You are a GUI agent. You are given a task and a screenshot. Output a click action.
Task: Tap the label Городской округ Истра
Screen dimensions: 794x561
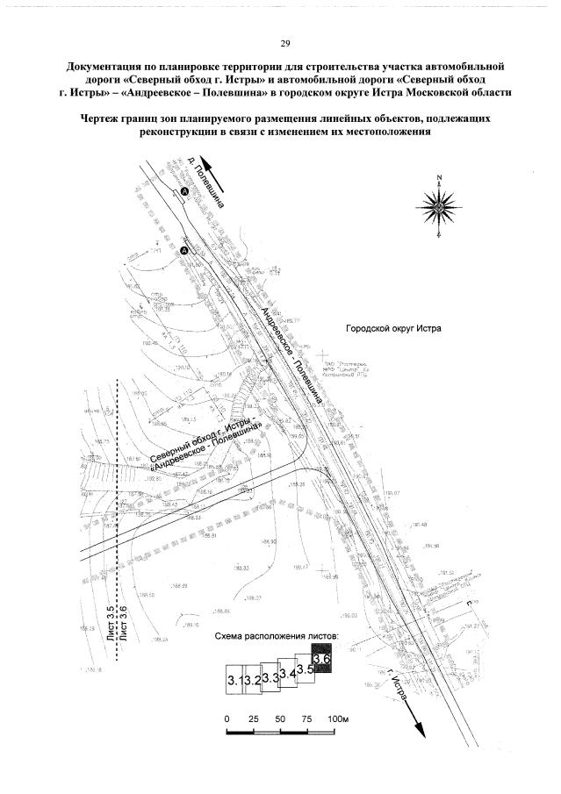(x=395, y=328)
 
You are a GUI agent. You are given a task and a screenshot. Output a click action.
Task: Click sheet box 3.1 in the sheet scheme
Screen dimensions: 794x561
(x=234, y=680)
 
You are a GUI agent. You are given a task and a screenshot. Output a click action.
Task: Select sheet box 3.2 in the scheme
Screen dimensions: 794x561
(x=253, y=680)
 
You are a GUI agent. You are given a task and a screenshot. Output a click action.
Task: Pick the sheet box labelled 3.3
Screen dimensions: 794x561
(x=270, y=677)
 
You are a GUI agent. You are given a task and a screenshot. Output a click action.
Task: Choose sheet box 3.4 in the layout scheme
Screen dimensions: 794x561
(x=287, y=674)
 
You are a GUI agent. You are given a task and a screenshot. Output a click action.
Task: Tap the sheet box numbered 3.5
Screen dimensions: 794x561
(x=305, y=668)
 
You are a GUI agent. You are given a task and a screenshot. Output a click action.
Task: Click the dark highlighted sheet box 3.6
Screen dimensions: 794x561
(x=321, y=659)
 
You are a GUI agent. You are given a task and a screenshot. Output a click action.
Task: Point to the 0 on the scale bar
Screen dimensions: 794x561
(x=227, y=719)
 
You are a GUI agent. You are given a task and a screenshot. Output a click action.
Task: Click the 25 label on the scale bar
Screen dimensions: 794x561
(x=254, y=719)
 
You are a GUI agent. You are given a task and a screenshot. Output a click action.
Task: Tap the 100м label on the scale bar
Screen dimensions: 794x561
(x=338, y=719)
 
